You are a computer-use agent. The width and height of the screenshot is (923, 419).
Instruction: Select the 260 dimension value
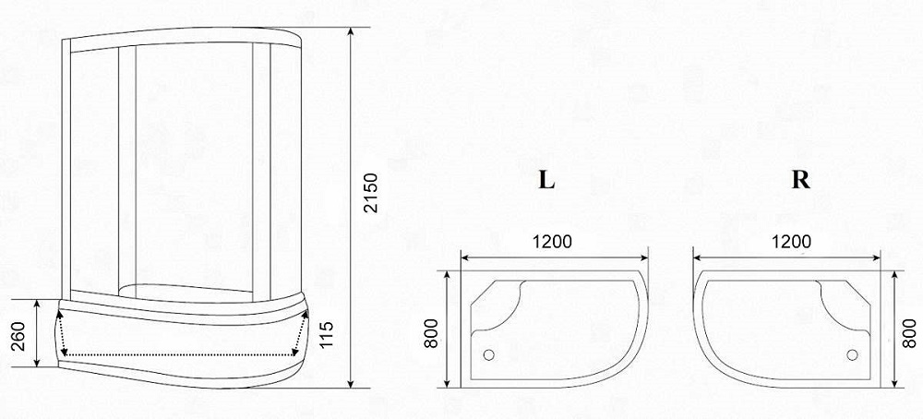(x=18, y=336)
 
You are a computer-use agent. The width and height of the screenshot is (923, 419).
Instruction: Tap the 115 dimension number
(x=326, y=334)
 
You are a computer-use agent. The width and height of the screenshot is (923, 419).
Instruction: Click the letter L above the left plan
(x=546, y=180)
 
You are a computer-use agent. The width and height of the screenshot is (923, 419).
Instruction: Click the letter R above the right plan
(x=800, y=180)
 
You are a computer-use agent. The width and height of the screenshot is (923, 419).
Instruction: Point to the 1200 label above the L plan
(x=552, y=241)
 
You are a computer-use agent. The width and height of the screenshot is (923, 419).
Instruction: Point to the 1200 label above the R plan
(x=791, y=241)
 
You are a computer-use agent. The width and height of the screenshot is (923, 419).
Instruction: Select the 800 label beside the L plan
(x=431, y=332)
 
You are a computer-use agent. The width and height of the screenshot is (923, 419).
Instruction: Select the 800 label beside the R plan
(x=909, y=332)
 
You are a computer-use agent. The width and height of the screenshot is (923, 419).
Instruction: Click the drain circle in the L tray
(x=488, y=354)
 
